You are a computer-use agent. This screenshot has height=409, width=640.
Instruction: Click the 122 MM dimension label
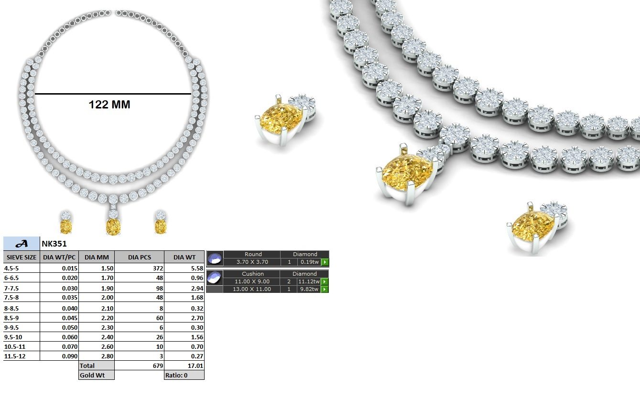tap(109, 105)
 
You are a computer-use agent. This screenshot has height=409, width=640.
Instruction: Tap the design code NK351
tap(54, 244)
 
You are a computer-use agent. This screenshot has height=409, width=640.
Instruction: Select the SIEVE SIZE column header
tap(22, 258)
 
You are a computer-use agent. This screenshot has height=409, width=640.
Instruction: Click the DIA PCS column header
tap(140, 258)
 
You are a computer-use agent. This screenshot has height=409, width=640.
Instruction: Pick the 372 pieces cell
tap(158, 268)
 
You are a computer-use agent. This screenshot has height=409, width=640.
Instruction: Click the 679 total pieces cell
tap(158, 366)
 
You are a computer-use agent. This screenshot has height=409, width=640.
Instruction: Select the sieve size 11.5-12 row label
tap(15, 356)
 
